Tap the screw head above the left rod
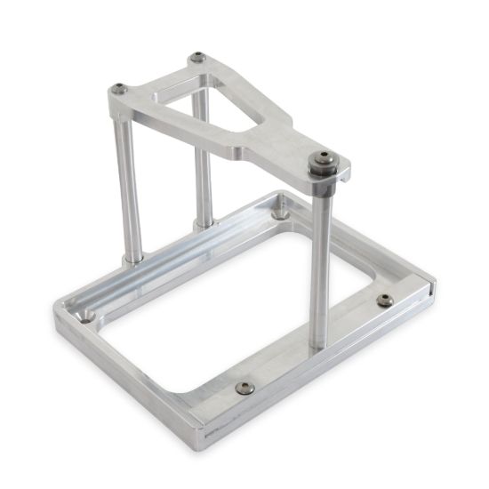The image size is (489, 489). coord(119,88)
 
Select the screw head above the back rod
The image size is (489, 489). coord(197,58)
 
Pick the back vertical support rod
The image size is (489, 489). coord(204,160)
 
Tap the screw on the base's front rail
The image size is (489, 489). coord(244,388)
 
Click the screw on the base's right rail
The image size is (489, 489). coord(384,300)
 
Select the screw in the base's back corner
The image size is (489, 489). coord(281,213)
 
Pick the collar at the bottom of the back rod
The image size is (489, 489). coord(205,221)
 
